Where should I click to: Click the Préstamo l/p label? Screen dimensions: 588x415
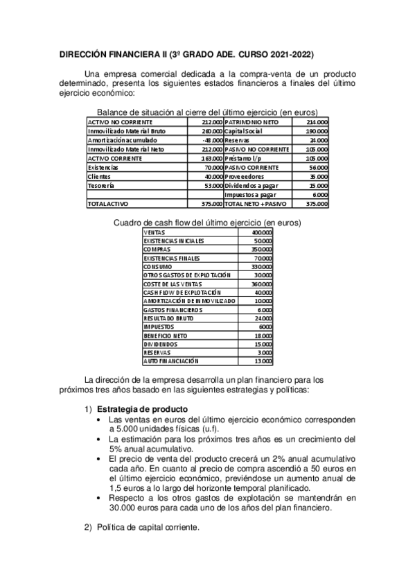tap(242, 158)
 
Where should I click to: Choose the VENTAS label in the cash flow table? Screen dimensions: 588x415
tap(154, 232)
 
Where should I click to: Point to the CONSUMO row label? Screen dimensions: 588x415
tap(157, 266)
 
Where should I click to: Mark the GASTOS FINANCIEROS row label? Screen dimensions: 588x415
tap(171, 309)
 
